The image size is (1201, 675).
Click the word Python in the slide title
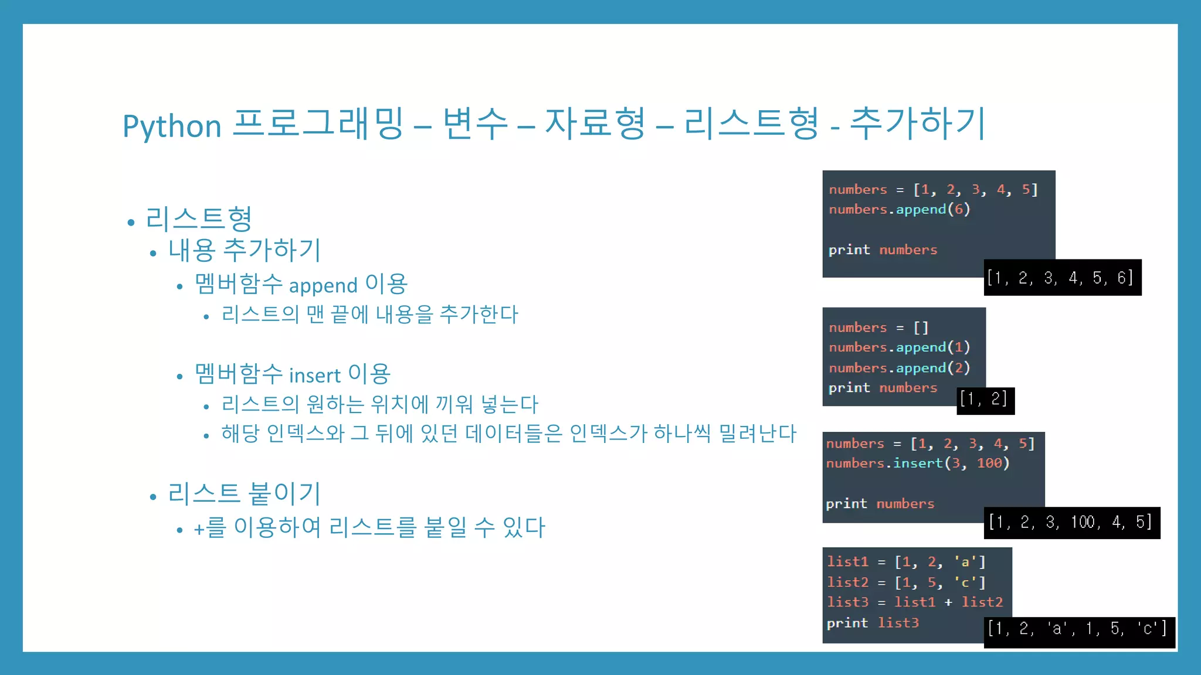pyautogui.click(x=172, y=126)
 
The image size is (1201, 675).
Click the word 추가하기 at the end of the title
pyautogui.click(x=918, y=124)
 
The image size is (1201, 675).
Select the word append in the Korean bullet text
pyautogui.click(x=323, y=286)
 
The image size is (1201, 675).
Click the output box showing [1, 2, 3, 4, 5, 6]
pyautogui.click(x=1062, y=278)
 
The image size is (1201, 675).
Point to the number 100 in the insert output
pyautogui.click(x=1083, y=522)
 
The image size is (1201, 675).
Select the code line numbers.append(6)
pyautogui.click(x=900, y=209)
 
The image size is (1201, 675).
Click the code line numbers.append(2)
pyautogui.click(x=900, y=368)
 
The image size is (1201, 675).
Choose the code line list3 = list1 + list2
pyautogui.click(x=915, y=602)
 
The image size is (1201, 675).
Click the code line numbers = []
pyautogui.click(x=878, y=328)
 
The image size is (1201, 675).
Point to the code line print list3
pyautogui.click(x=873, y=623)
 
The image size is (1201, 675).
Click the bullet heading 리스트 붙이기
pyautogui.click(x=244, y=493)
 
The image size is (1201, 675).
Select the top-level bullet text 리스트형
pyautogui.click(x=199, y=219)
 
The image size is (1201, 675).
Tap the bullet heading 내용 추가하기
pyautogui.click(x=245, y=250)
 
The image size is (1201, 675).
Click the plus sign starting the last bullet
pyautogui.click(x=199, y=529)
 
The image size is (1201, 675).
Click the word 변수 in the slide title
pyautogui.click(x=475, y=124)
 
